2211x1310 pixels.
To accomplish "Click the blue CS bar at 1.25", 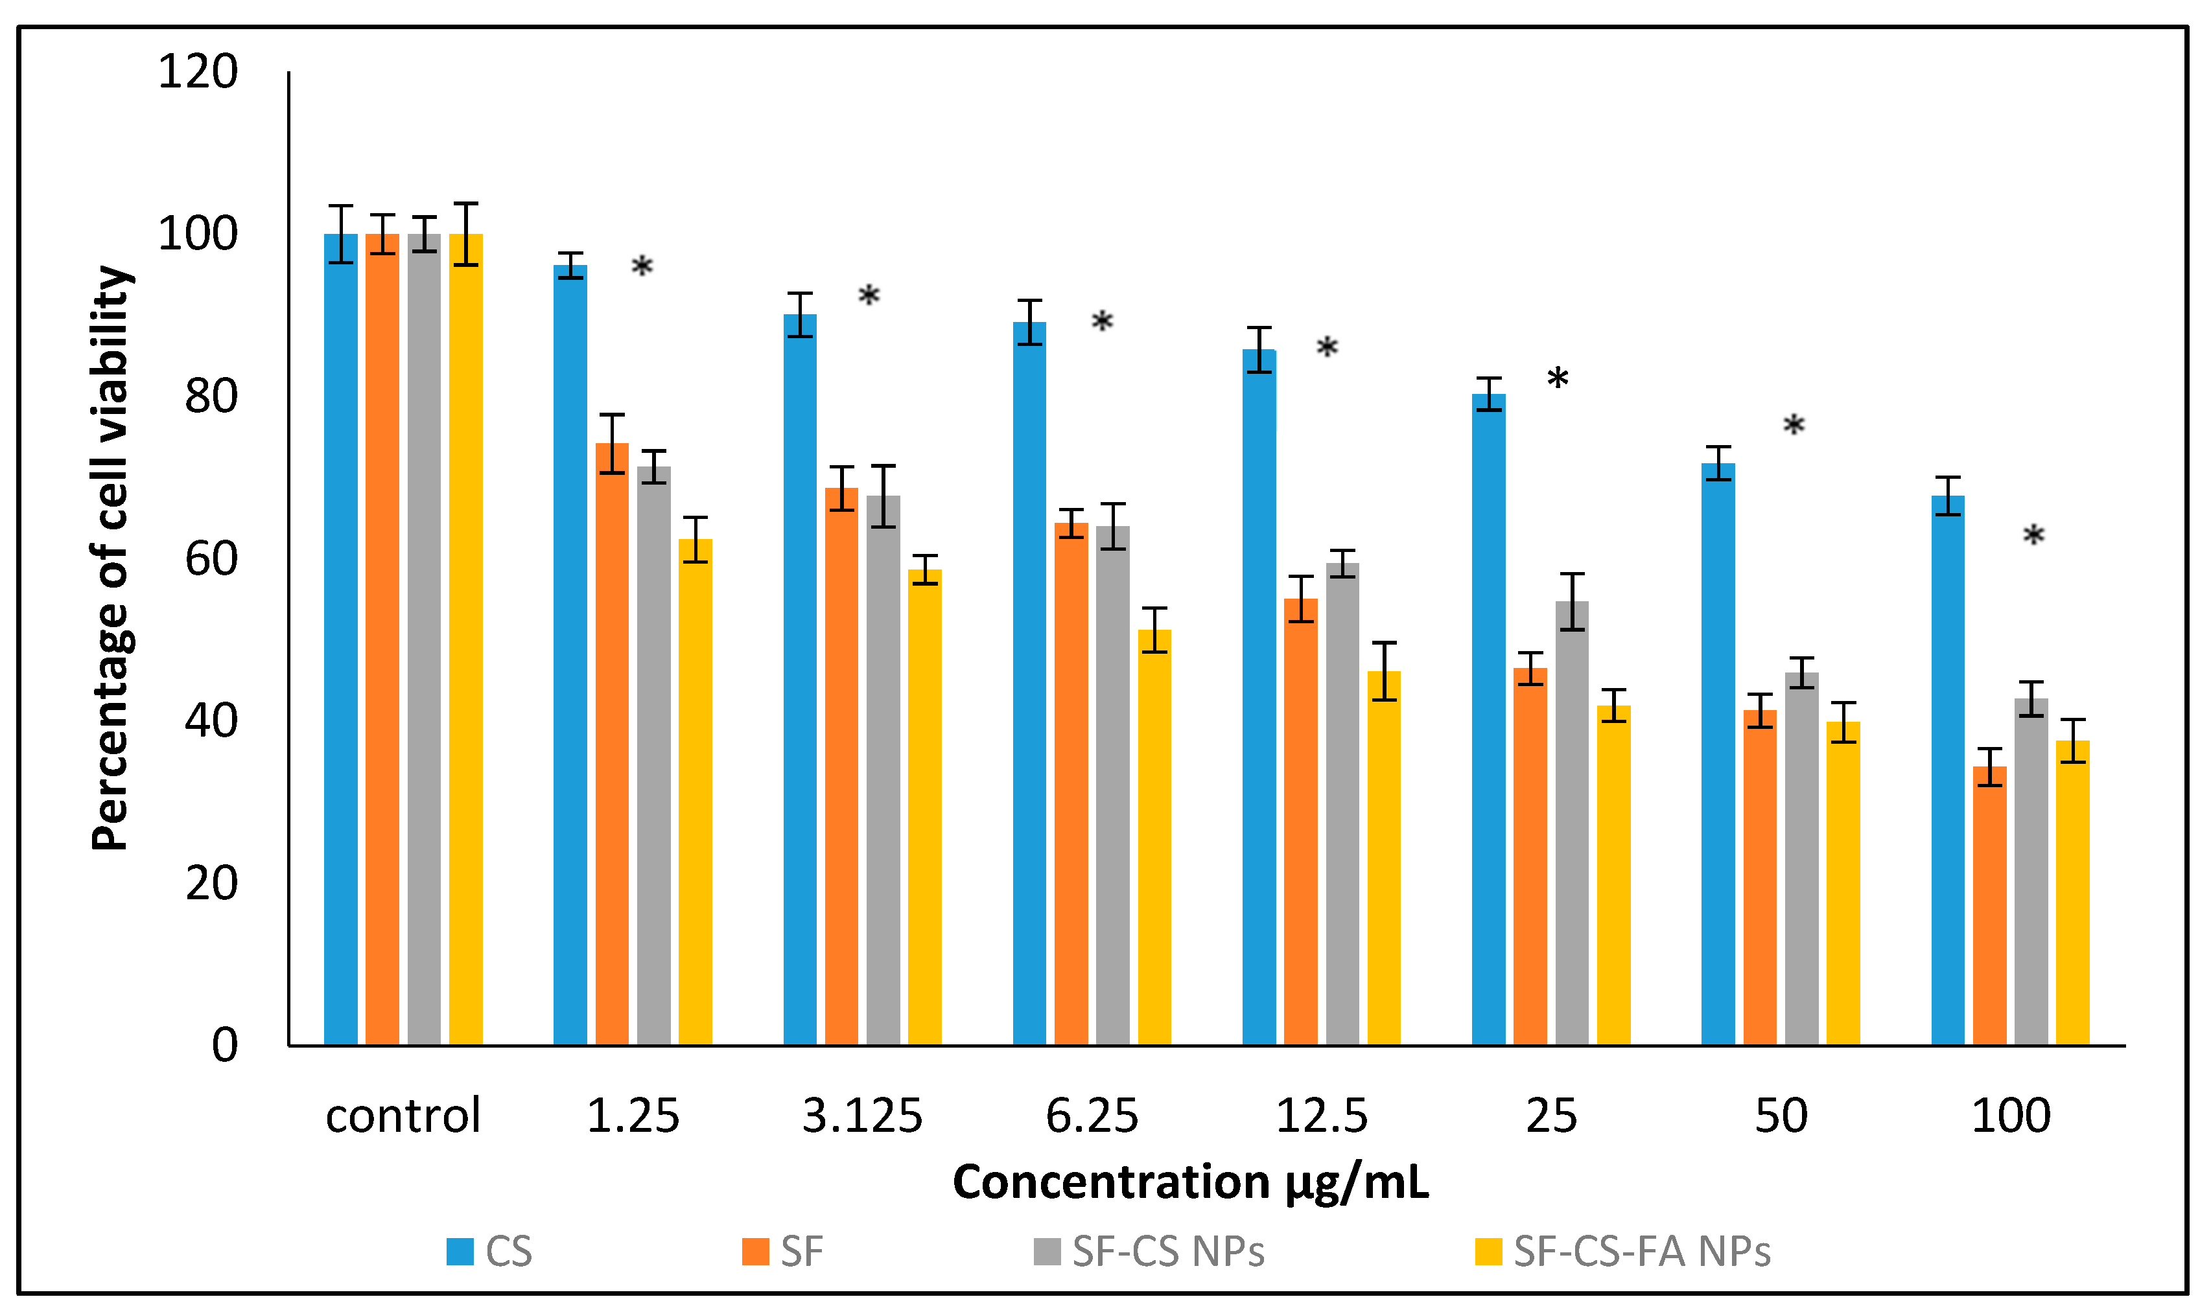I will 570,653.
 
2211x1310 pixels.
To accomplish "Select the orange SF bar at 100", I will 1989,905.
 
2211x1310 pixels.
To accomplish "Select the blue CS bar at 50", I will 1718,754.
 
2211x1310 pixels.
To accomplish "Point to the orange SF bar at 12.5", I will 1301,821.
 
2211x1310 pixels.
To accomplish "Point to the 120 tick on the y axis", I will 198,71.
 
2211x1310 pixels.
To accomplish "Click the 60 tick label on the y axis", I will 211,558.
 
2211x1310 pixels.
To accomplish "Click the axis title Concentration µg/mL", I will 1189,1182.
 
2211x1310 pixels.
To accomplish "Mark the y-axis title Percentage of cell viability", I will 111,558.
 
